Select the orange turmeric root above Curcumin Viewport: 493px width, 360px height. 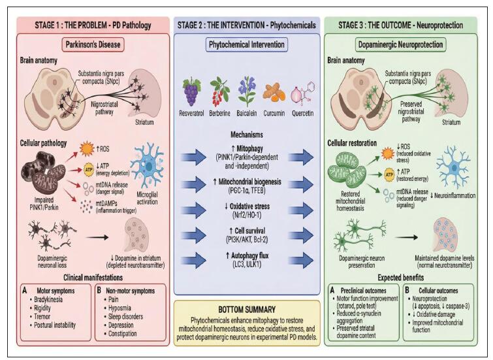[x=274, y=93]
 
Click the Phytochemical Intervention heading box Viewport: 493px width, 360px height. [x=246, y=45]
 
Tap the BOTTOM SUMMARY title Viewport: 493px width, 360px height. [x=246, y=308]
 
